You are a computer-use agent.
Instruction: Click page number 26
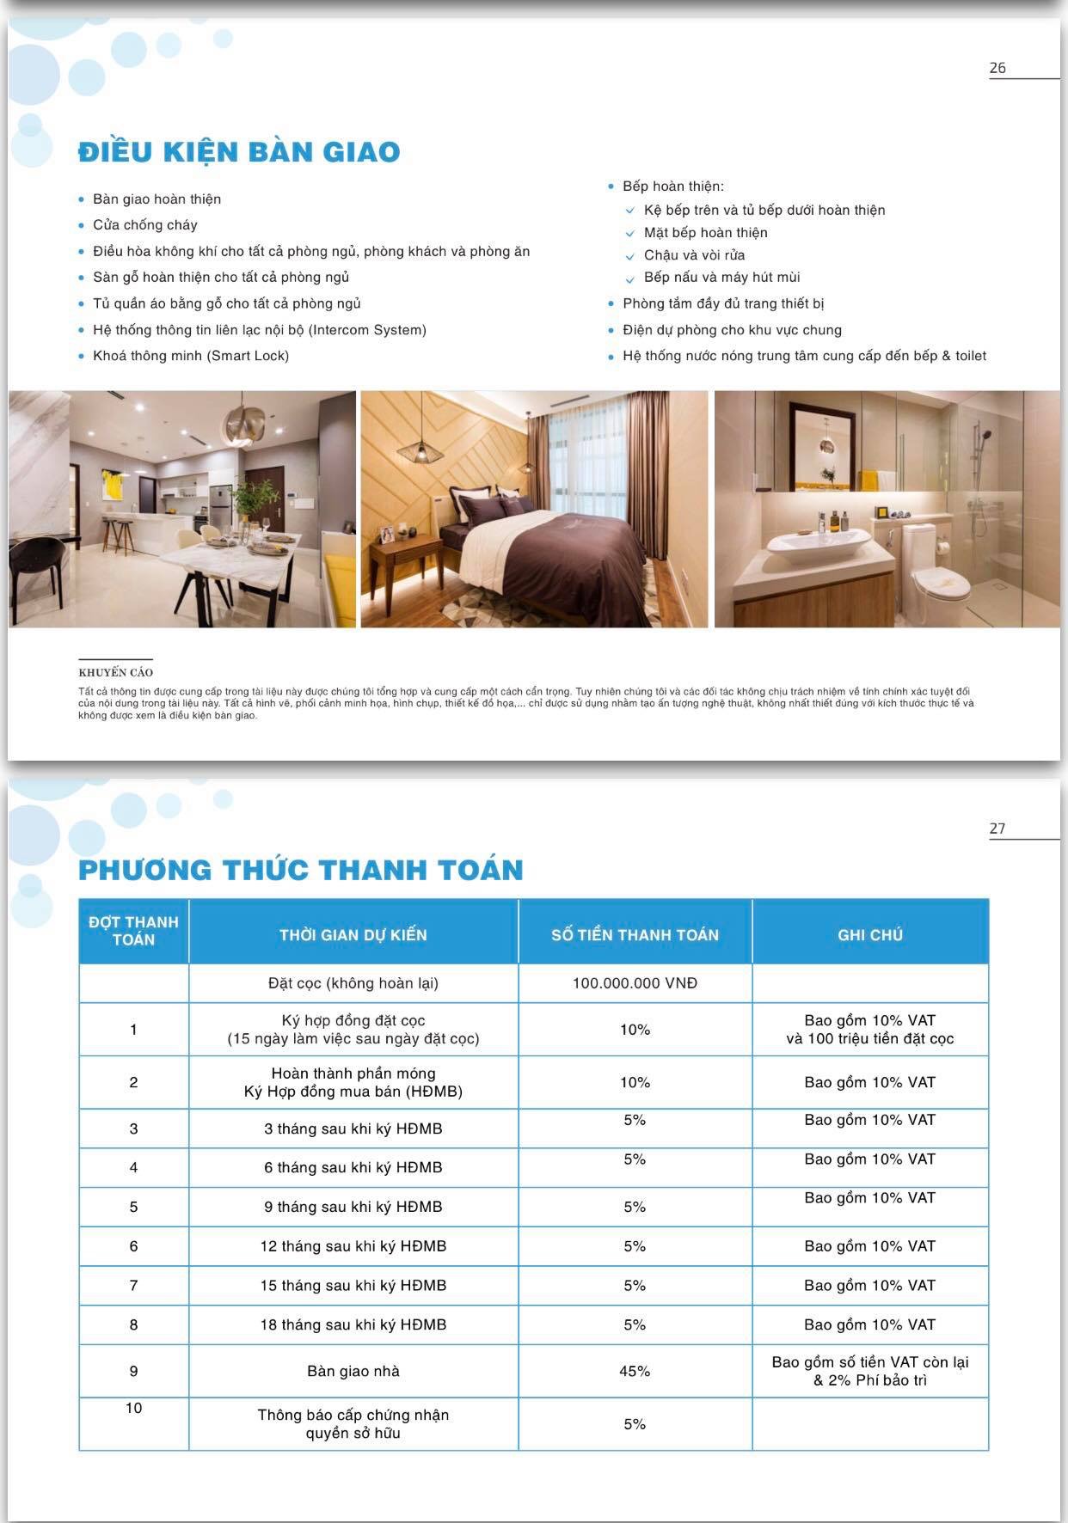(997, 68)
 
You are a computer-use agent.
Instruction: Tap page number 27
(997, 829)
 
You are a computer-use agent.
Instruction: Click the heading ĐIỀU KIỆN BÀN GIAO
(239, 152)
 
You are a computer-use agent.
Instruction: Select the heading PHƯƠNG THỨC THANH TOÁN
(301, 870)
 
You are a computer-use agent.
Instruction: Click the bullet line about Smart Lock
(190, 356)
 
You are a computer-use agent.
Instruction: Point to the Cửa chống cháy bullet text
(144, 225)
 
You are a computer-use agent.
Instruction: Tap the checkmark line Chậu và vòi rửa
(694, 255)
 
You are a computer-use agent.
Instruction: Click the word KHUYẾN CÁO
(115, 672)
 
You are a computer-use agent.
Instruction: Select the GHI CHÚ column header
(870, 935)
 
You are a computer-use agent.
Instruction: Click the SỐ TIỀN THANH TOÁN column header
(635, 935)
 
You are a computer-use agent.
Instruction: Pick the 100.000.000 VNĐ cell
(635, 983)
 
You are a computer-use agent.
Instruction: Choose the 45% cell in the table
(635, 1371)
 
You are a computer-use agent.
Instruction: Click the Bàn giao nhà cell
(353, 1371)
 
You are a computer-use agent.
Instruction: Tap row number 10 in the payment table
(133, 1408)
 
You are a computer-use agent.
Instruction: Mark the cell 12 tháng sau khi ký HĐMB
(353, 1246)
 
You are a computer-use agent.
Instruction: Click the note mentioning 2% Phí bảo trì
(870, 1380)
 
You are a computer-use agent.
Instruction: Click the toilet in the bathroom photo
(937, 576)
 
